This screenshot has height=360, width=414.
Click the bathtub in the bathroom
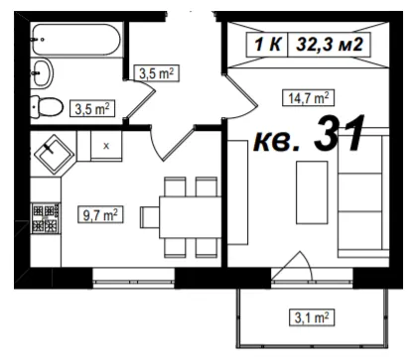tap(76, 40)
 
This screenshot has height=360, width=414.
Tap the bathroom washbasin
tap(43, 72)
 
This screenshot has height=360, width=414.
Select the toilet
tap(47, 106)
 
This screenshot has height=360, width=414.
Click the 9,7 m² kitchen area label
tap(100, 214)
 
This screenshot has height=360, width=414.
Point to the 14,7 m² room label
tap(308, 98)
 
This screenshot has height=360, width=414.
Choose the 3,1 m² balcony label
tap(312, 317)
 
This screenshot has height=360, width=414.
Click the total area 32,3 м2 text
tap(330, 45)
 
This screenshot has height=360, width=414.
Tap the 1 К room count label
tap(268, 45)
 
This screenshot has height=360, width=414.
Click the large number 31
tap(339, 133)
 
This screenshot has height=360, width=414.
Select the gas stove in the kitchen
tap(46, 218)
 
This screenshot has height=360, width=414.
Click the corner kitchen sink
tap(55, 154)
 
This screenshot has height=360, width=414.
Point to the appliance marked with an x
tap(106, 146)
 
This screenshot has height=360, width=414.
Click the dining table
tap(191, 217)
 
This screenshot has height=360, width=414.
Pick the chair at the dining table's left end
tap(150, 217)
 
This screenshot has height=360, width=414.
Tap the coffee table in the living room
tap(312, 192)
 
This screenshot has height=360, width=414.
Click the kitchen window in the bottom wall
tap(134, 277)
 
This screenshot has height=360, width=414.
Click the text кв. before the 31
tap(277, 143)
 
